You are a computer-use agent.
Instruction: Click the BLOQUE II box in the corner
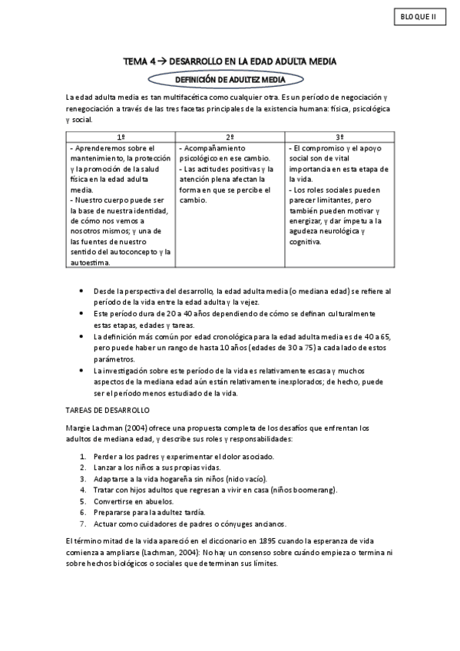pyautogui.click(x=419, y=17)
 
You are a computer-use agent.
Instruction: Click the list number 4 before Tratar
pyautogui.click(x=83, y=489)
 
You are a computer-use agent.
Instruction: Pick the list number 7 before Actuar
pyautogui.click(x=83, y=524)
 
